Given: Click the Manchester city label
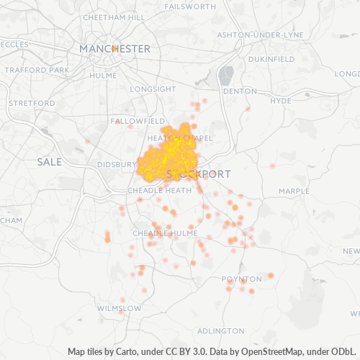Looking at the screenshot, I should pos(115,48).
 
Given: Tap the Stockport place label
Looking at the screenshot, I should pos(199,174).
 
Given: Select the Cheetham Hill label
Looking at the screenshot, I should pos(114,17).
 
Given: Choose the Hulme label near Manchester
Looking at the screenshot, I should pos(104,73).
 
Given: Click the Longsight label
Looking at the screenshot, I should pos(153,89).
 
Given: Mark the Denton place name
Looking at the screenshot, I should pos(240,91).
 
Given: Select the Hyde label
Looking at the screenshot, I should pos(279,101).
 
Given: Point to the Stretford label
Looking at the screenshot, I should pos(32,103).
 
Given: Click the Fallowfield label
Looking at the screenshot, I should pos(139,121).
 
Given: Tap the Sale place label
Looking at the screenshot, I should pos(50,162).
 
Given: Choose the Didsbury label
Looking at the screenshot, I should pos(117,164).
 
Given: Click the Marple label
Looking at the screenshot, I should pos(294,191).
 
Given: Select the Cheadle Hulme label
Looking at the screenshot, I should pos(154,233).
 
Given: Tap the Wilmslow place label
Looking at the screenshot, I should pos(119,308).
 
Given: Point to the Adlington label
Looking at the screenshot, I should pos(220,330).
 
